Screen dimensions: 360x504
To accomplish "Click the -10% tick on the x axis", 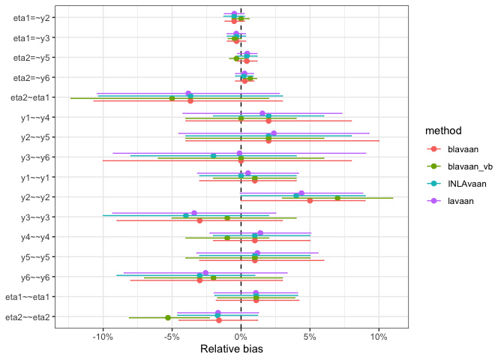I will tap(103, 337).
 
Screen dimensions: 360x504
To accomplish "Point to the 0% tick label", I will tap(241, 337).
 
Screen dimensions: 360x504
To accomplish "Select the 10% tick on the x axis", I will tap(378, 337).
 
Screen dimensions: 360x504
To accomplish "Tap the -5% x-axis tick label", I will tap(172, 337).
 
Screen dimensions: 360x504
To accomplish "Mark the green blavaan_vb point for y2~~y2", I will tap(337, 198).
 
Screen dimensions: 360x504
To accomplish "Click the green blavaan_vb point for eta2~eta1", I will tap(172, 98).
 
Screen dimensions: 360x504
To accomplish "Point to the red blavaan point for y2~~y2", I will tap(310, 200).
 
